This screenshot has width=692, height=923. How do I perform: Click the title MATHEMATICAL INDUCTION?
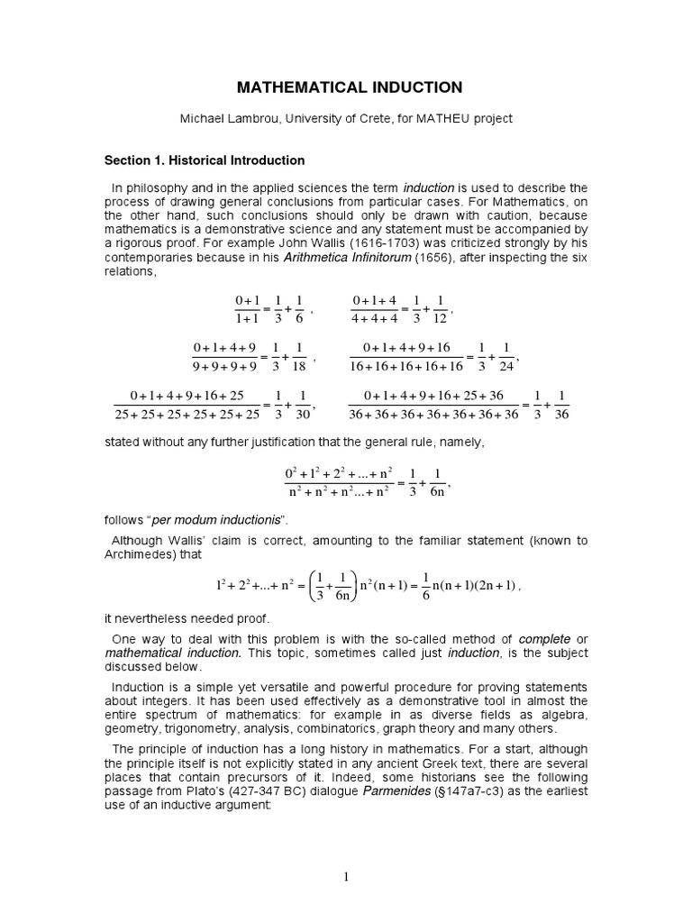click(349, 87)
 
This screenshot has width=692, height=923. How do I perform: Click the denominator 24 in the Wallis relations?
click(508, 365)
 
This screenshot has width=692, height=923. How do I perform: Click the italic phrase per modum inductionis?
click(219, 521)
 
